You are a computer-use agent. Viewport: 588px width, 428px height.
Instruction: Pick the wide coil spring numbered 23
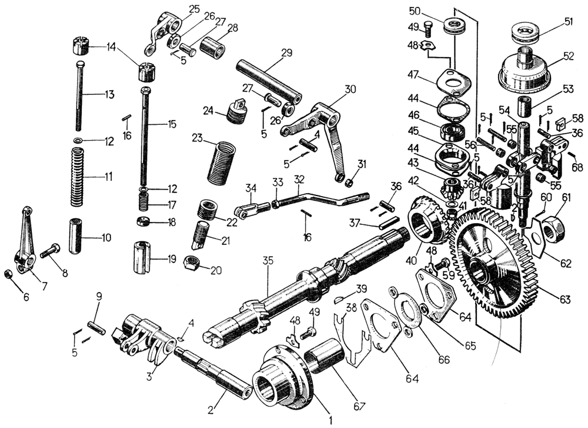221,162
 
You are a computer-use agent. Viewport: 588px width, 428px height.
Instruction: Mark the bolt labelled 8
52,250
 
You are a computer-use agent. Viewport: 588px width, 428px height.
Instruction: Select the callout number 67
358,406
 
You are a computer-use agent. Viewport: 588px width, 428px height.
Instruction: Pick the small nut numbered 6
8,274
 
